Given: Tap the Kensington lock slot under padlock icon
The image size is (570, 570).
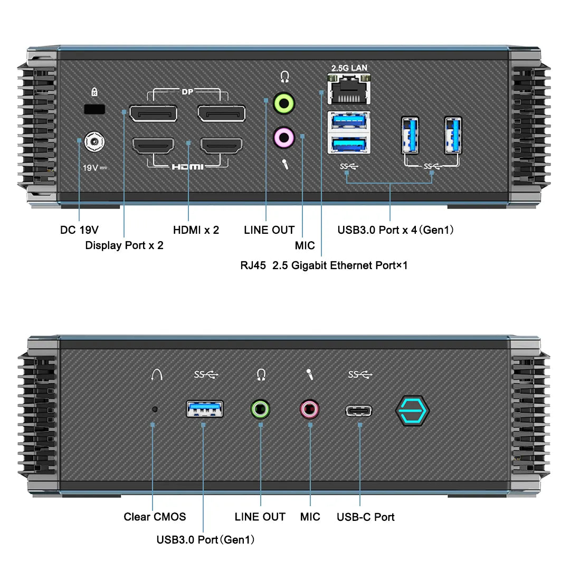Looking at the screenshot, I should pos(95,109).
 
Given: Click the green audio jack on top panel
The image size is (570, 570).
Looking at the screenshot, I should pos(284,103).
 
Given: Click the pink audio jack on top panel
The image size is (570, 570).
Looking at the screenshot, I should pos(284,138).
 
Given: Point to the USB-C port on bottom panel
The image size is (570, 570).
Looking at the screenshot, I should pos(359,411).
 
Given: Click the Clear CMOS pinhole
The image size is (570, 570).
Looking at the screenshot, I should pos(155,409).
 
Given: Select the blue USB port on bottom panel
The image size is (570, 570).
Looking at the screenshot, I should pos(205,409).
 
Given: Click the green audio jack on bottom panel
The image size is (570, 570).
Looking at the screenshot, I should pos(260,409).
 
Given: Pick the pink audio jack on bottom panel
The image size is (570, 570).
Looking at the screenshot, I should pos(310,409).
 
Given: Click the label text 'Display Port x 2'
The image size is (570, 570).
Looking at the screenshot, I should pos(124,245).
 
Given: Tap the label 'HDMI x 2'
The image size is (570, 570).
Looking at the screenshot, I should pos(196,230).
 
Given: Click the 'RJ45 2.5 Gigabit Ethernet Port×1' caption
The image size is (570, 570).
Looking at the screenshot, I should pos(324,265).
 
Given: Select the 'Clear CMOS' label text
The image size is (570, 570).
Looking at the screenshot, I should pos(155,517).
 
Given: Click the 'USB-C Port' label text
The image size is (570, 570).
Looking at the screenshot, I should pos(365,517).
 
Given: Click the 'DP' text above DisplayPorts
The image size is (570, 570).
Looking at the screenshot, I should pos(187,92).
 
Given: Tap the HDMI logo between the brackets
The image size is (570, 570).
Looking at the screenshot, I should pos(187,167).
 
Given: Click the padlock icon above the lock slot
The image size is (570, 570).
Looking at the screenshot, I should pos(94,92).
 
